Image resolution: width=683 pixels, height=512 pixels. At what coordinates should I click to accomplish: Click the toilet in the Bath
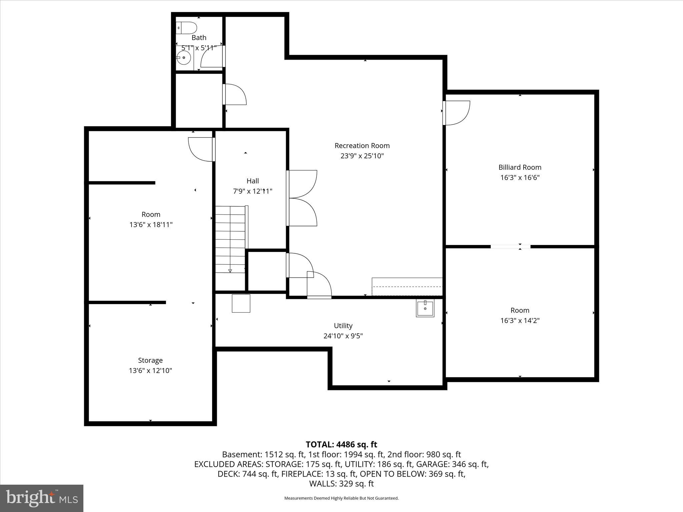pyautogui.click(x=187, y=28)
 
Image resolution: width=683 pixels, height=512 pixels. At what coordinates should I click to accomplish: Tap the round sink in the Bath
pyautogui.click(x=184, y=58)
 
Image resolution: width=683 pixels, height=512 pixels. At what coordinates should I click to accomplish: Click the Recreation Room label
pyautogui.click(x=362, y=146)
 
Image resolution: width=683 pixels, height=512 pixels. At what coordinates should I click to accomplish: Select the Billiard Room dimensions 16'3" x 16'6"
pyautogui.click(x=520, y=178)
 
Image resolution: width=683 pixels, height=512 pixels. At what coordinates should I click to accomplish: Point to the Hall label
pyautogui.click(x=252, y=181)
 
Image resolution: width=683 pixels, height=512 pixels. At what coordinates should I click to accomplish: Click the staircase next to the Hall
pyautogui.click(x=230, y=239)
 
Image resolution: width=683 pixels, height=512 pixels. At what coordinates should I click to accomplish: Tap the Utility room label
pyautogui.click(x=343, y=326)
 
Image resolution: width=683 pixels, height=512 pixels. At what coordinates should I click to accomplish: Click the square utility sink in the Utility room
pyautogui.click(x=425, y=308)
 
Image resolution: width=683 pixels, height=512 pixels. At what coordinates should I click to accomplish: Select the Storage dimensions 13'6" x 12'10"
pyautogui.click(x=150, y=371)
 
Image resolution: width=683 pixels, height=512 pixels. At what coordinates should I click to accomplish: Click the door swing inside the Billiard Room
pyautogui.click(x=457, y=113)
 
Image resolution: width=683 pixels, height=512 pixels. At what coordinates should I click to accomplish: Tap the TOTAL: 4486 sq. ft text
pyautogui.click(x=341, y=444)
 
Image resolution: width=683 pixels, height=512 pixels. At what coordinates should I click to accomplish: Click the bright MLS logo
pyautogui.click(x=42, y=498)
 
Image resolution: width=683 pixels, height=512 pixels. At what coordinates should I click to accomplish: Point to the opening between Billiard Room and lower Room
pyautogui.click(x=510, y=247)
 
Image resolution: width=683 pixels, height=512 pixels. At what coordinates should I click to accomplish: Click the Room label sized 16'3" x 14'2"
pyautogui.click(x=520, y=310)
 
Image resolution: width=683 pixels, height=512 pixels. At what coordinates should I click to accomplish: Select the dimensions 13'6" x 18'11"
pyautogui.click(x=151, y=225)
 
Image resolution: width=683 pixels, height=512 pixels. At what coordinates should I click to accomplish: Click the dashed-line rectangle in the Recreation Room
pyautogui.click(x=407, y=287)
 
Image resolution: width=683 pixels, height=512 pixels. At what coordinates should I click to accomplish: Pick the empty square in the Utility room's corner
pyautogui.click(x=241, y=303)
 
